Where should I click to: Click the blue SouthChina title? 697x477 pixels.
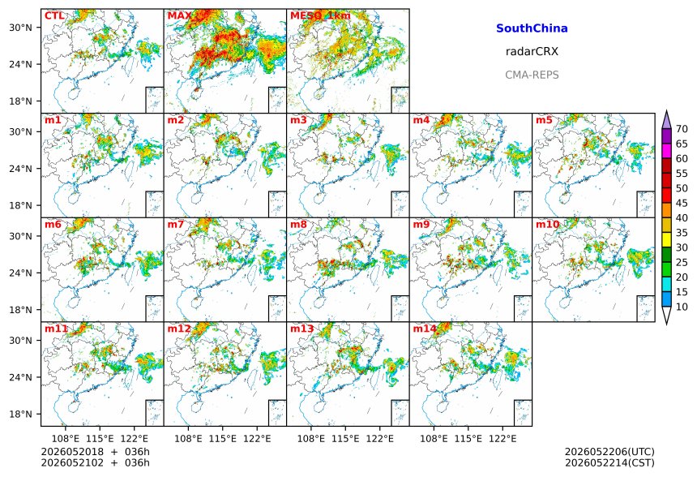click(x=532, y=28)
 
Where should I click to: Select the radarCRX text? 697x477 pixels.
click(x=532, y=52)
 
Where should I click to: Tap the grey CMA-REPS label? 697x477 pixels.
click(x=532, y=75)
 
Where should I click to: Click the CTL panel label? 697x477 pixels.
click(x=54, y=16)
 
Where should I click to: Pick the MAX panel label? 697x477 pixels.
click(x=179, y=16)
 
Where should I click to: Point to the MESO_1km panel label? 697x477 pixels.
click(x=320, y=16)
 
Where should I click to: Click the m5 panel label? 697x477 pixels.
click(x=544, y=120)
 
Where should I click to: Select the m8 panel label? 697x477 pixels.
click(x=298, y=224)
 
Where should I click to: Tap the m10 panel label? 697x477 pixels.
click(x=547, y=224)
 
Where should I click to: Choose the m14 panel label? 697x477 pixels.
click(x=425, y=329)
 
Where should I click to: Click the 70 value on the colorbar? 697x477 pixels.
click(x=682, y=129)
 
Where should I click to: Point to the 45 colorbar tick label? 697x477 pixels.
click(x=682, y=204)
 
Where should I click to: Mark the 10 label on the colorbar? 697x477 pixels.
click(x=682, y=307)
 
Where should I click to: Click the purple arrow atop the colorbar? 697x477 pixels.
click(x=666, y=120)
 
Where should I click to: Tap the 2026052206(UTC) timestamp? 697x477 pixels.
click(x=609, y=452)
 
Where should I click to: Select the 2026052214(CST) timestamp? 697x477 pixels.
click(x=609, y=463)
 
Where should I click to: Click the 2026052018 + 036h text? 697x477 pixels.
click(x=95, y=452)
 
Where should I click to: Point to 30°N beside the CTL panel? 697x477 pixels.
click(x=20, y=28)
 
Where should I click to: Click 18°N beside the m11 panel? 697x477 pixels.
click(x=20, y=415)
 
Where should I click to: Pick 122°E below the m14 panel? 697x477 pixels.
click(x=502, y=439)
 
